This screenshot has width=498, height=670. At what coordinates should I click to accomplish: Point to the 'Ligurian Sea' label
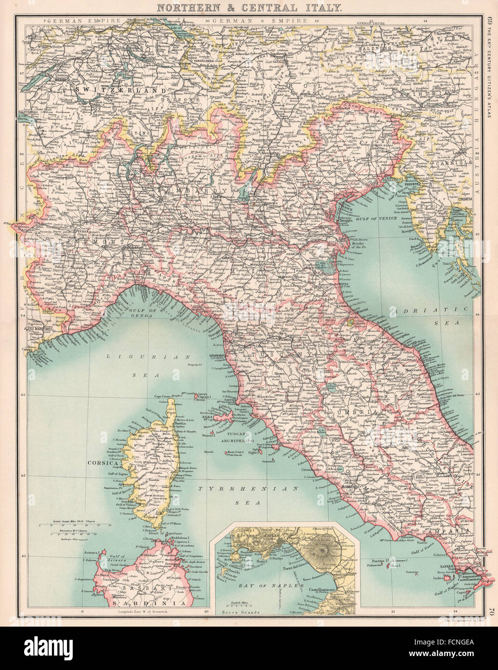pyautogui.click(x=142, y=364)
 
